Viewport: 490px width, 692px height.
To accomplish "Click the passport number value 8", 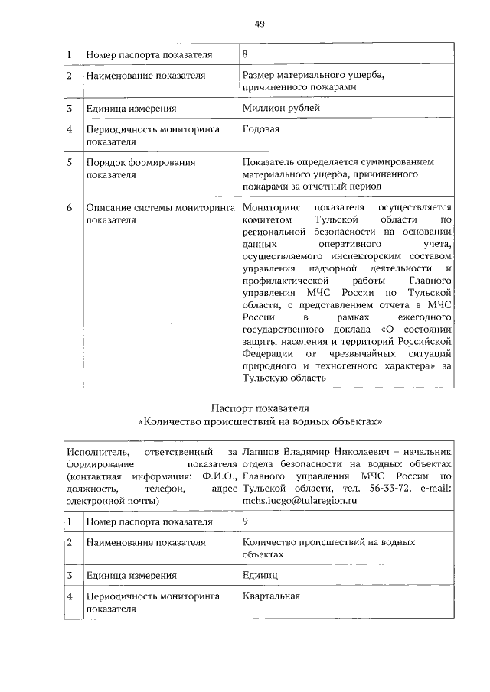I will pos(245,55).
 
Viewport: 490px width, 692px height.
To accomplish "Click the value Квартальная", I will pos(270,596).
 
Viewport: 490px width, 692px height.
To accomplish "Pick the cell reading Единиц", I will pos(260,575).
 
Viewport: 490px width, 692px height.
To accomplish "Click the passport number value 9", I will pos(245,521).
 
